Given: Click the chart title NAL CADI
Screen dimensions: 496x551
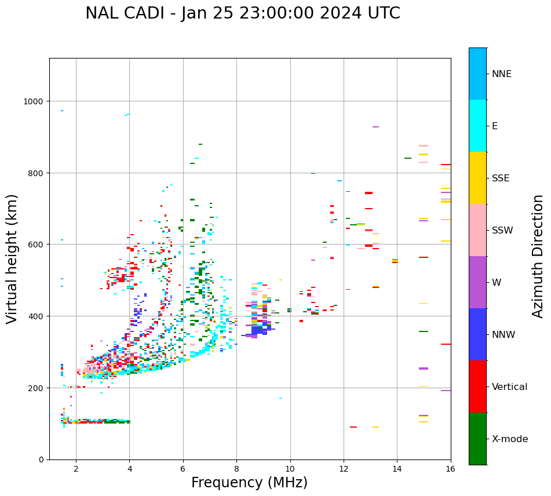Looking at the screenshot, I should [x=242, y=13].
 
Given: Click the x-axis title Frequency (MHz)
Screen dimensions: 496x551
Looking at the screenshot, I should [x=249, y=483].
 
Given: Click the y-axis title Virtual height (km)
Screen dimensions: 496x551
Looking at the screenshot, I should [x=12, y=258].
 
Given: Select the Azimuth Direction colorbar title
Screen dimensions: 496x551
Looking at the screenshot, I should [x=538, y=256].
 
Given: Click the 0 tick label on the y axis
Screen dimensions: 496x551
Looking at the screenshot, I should [x=41, y=459].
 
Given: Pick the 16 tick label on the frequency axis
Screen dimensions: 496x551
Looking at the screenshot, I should [x=450, y=469].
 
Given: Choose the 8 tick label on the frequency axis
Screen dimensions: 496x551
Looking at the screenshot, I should [x=236, y=469].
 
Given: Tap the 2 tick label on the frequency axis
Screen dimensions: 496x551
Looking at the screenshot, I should [x=76, y=469].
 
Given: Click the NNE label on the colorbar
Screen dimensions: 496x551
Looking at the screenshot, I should [x=502, y=74].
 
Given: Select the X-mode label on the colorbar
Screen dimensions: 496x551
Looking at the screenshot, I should [x=510, y=439].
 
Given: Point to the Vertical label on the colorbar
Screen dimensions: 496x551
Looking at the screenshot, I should [x=510, y=387].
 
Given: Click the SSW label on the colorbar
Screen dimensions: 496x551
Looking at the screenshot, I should [x=502, y=231].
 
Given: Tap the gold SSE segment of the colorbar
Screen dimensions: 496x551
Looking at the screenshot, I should [x=477, y=178].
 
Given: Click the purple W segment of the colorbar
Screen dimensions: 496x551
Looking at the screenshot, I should [x=477, y=282].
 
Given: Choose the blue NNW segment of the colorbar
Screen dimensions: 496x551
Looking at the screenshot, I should [x=477, y=334].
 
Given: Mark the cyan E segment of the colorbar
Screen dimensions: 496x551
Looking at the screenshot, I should [x=477, y=126].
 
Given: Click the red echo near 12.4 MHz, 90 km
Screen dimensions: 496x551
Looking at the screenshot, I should [x=353, y=427].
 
